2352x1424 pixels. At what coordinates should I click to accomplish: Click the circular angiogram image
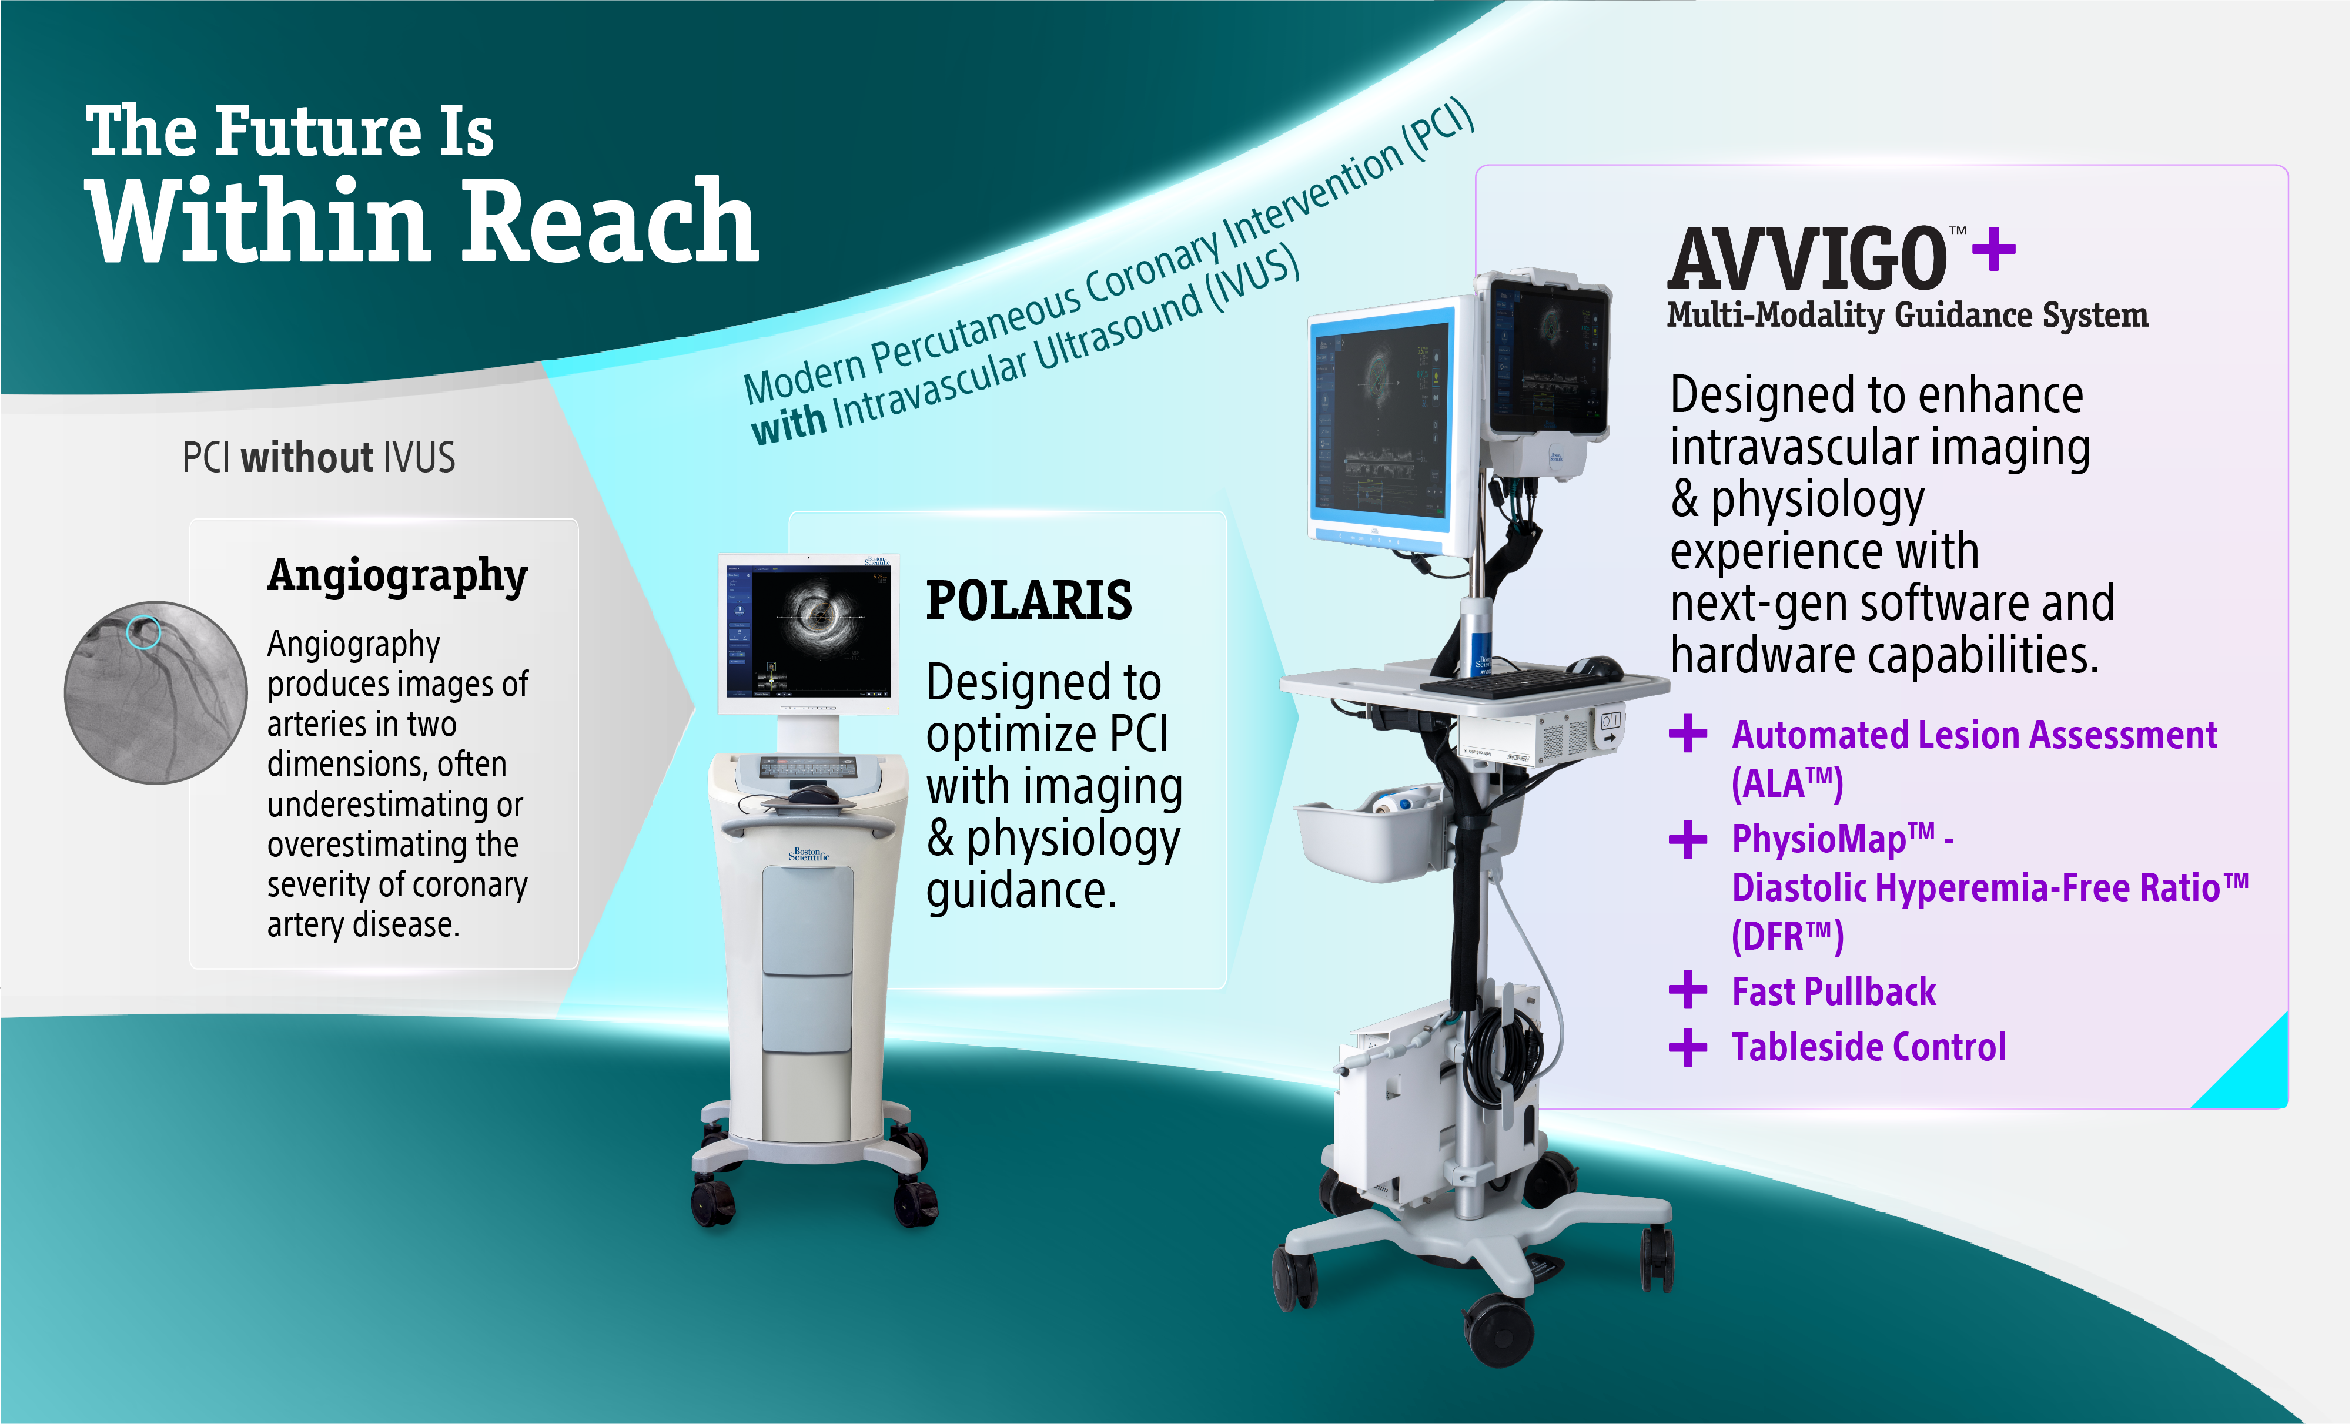click(x=156, y=692)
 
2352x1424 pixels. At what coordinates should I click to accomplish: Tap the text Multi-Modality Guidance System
click(x=1907, y=315)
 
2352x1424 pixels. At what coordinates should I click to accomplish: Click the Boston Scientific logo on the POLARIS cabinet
click(x=809, y=853)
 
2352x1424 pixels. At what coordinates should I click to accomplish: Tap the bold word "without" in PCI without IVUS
click(x=306, y=458)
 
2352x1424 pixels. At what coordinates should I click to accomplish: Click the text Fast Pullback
click(x=1834, y=991)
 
